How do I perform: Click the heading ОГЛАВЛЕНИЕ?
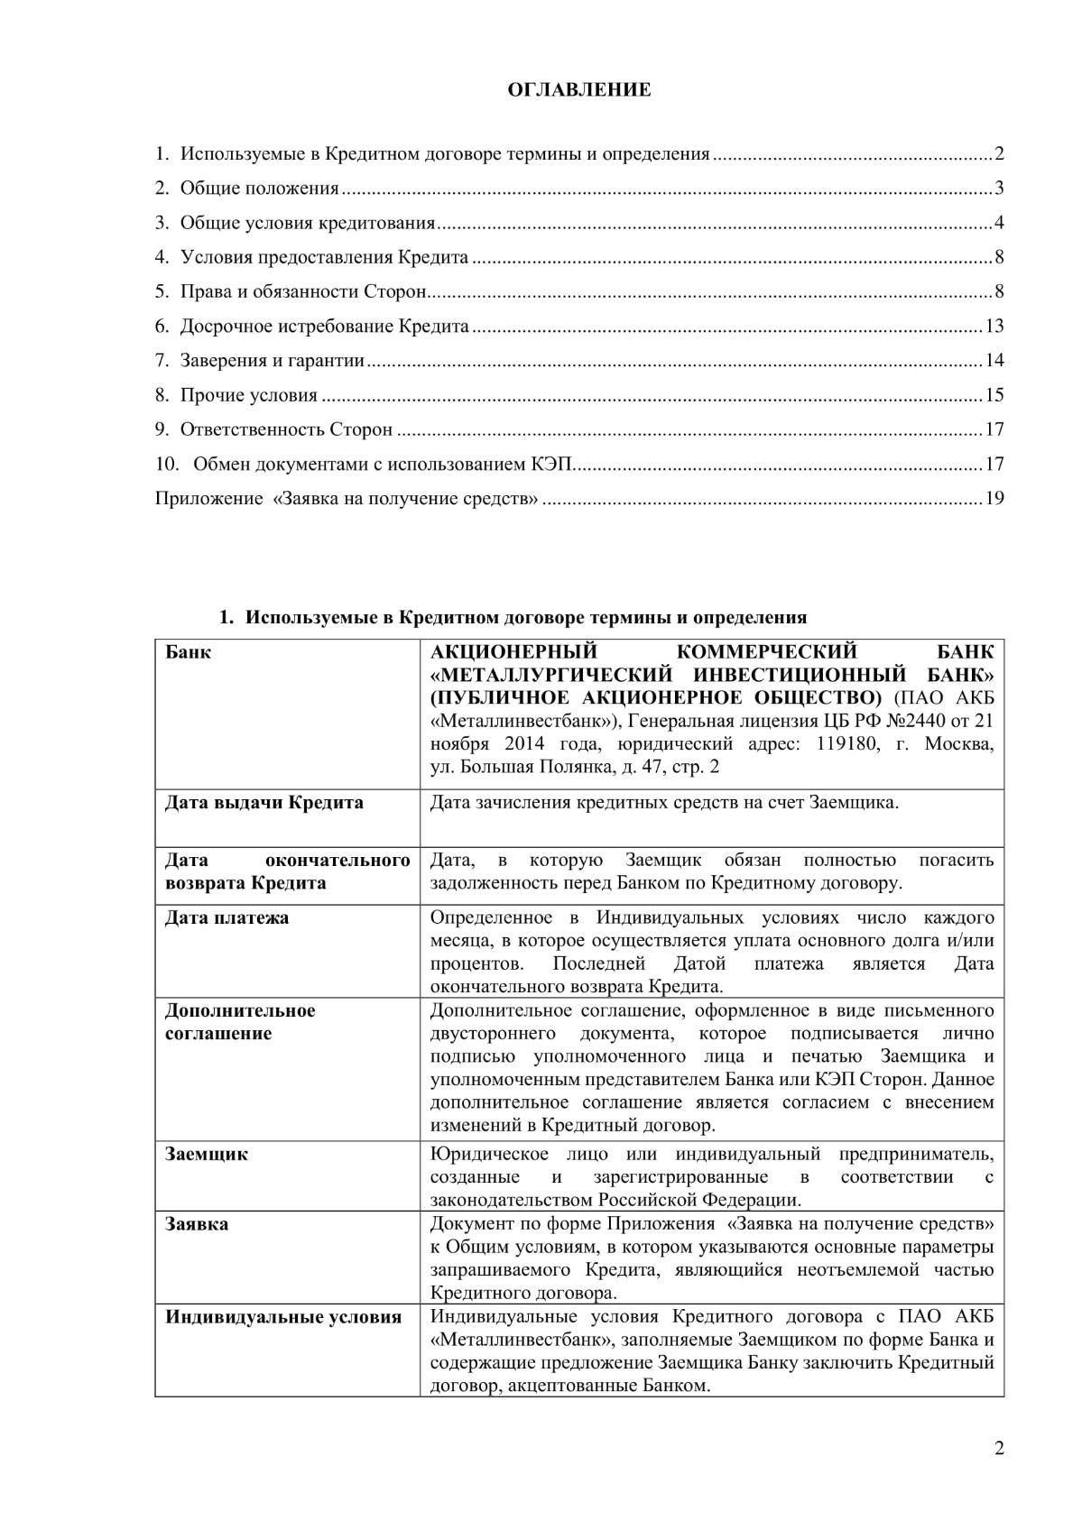(578, 89)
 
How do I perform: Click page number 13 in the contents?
(994, 326)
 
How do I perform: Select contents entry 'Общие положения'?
(259, 188)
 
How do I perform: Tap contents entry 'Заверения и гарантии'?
(272, 361)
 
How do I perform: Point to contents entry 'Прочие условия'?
(248, 395)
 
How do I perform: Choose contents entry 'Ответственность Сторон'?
(286, 429)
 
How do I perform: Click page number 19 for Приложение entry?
(994, 498)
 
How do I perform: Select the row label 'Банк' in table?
(188, 651)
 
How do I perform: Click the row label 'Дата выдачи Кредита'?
(264, 802)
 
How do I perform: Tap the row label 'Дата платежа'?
(227, 917)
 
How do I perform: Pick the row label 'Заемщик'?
(206, 1154)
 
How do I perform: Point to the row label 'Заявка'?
(196, 1224)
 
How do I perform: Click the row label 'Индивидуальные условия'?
(282, 1316)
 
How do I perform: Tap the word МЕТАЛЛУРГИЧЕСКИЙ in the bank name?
(552, 675)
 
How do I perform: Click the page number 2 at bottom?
(998, 1449)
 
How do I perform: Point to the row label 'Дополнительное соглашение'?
(239, 1021)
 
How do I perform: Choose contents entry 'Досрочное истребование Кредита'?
(324, 326)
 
